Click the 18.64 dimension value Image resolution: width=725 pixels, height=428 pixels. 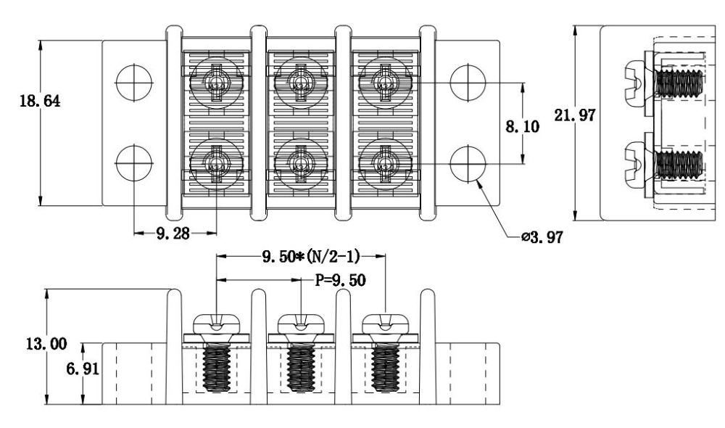(x=40, y=100)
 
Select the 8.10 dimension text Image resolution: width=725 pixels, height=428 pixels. (x=522, y=125)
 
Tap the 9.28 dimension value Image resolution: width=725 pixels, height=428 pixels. (x=173, y=233)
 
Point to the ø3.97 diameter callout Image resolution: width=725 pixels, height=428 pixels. (x=542, y=237)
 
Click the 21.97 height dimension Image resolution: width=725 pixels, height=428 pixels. (x=575, y=115)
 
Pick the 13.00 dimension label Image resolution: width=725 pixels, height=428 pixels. (x=46, y=344)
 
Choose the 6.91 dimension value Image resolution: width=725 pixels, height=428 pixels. (x=83, y=369)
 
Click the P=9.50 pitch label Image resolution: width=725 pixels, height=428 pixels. (x=340, y=280)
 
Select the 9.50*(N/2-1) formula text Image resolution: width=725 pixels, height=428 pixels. (x=311, y=256)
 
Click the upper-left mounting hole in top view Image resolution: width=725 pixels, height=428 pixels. (x=134, y=83)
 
